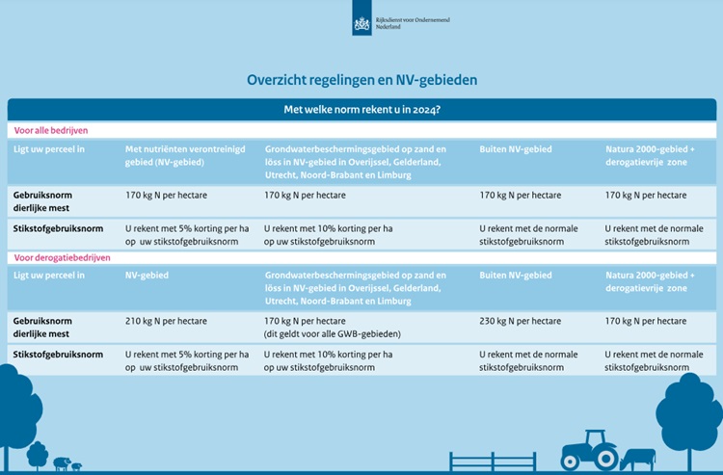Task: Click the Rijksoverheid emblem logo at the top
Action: coord(361,21)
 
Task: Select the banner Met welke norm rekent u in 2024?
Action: coord(361,110)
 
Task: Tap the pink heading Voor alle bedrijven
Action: coord(48,129)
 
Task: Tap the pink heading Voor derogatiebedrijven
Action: coord(60,258)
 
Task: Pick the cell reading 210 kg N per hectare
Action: coord(167,321)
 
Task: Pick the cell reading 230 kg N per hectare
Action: coord(521,321)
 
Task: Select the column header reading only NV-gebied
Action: coord(147,276)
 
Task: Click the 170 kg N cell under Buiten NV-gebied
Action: coord(521,195)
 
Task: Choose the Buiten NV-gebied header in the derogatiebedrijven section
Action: coord(516,276)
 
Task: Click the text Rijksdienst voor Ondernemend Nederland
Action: coord(412,21)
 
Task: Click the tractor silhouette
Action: coord(588,450)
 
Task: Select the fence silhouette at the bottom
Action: coord(493,462)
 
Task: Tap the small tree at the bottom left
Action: coord(38,453)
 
